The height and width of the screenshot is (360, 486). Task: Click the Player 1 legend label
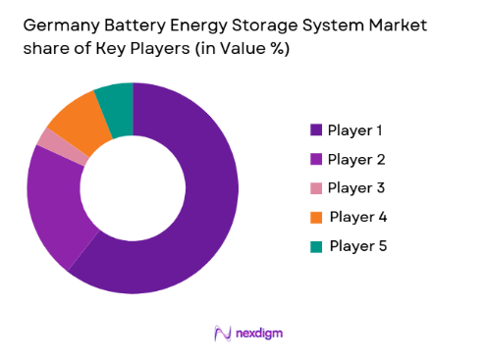click(x=356, y=129)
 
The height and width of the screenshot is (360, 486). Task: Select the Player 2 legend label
click(x=356, y=159)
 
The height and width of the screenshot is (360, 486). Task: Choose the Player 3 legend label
click(x=356, y=187)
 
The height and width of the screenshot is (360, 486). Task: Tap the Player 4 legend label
click(x=357, y=217)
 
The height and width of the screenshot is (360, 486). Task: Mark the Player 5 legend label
click(x=357, y=245)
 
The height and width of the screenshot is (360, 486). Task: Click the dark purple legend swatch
click(x=316, y=129)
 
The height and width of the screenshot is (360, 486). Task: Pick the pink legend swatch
click(x=316, y=187)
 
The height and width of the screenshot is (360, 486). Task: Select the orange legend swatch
click(x=316, y=217)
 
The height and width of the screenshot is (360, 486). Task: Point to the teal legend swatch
click(x=316, y=245)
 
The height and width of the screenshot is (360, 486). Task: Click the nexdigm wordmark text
click(x=260, y=334)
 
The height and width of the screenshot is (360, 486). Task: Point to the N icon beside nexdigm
click(x=222, y=334)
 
